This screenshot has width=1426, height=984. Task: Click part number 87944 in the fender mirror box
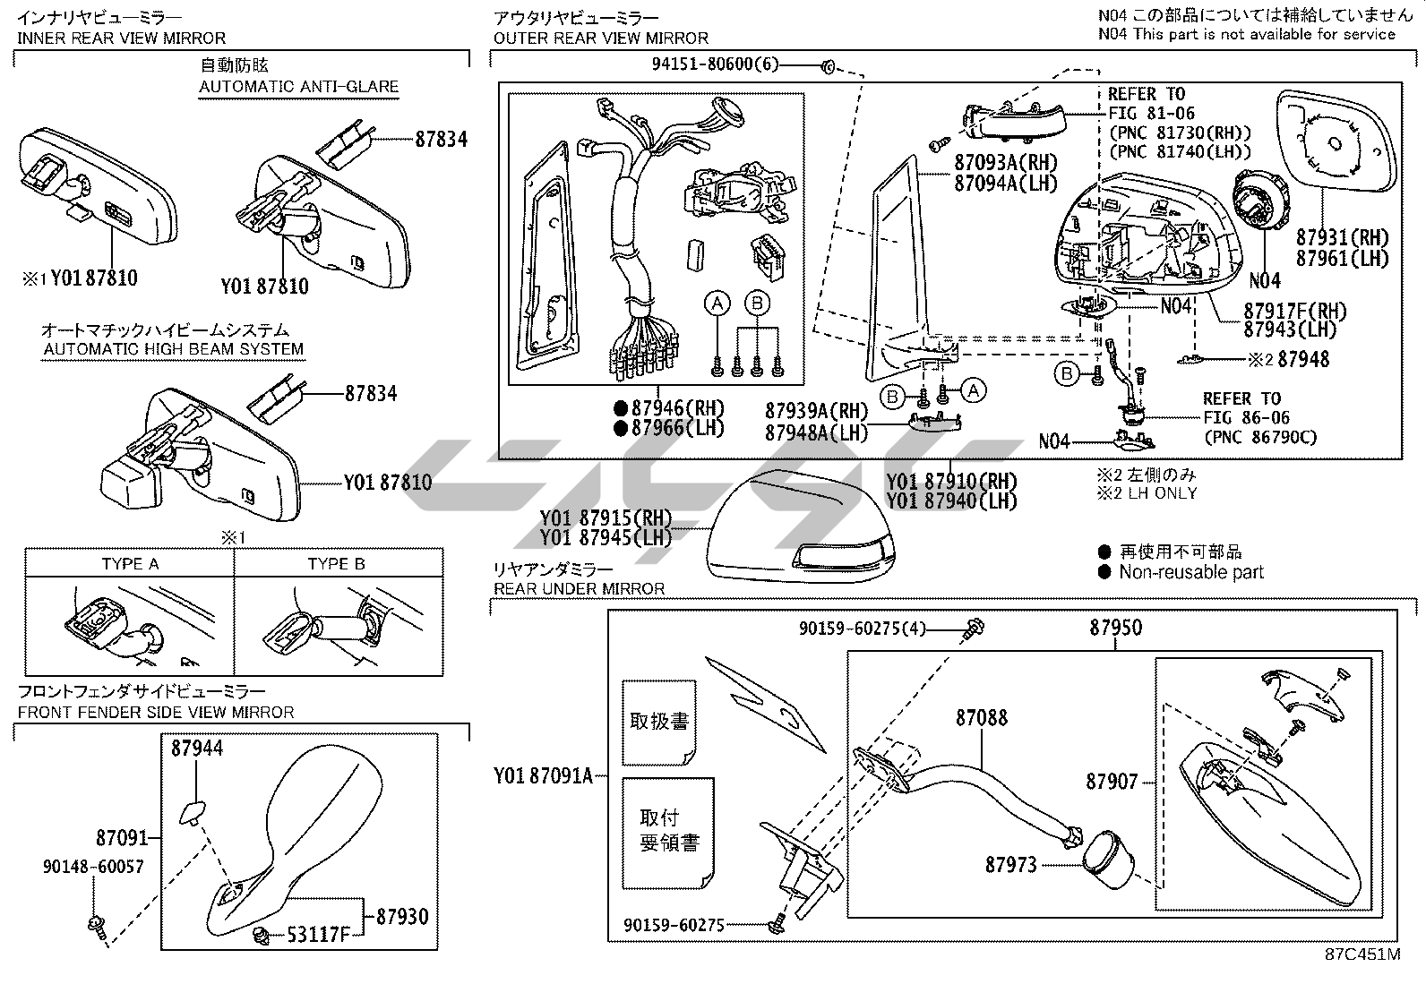[197, 748]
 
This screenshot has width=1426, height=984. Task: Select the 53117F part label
[318, 935]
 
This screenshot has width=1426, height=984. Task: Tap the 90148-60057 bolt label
[93, 867]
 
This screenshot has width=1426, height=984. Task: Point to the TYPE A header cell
[130, 563]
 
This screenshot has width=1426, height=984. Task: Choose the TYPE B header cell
[337, 563]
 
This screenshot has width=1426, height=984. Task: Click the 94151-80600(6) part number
[715, 64]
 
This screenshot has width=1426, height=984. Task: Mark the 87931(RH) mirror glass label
[1342, 237]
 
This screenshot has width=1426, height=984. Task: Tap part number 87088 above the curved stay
[981, 717]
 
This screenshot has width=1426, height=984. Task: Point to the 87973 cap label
[1011, 864]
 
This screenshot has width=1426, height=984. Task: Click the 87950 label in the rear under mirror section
[1115, 628]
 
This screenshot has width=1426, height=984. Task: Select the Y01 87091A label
[544, 776]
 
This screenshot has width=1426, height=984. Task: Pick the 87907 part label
[1112, 782]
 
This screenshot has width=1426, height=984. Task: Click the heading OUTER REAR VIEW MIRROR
[600, 38]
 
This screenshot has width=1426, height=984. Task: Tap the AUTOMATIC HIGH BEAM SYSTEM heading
[173, 349]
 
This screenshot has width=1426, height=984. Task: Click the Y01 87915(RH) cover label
[606, 518]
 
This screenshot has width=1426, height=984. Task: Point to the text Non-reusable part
[1190, 572]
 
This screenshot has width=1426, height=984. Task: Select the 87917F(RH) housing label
[1294, 311]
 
